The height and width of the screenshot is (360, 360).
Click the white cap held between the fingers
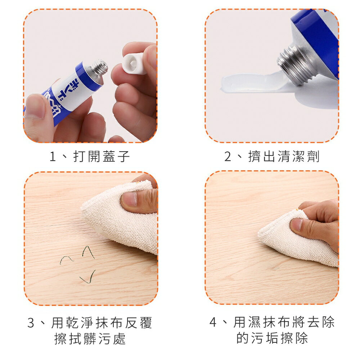coord(134,64)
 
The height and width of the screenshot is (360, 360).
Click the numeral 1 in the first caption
coord(53,157)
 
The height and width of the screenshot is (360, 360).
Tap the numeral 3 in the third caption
coord(31,323)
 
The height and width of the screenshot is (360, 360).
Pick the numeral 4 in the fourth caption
coord(213,322)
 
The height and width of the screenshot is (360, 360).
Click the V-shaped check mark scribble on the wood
coord(88,277)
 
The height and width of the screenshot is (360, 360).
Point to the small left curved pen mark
coord(67,260)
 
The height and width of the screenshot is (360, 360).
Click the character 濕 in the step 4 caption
coord(255,322)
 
